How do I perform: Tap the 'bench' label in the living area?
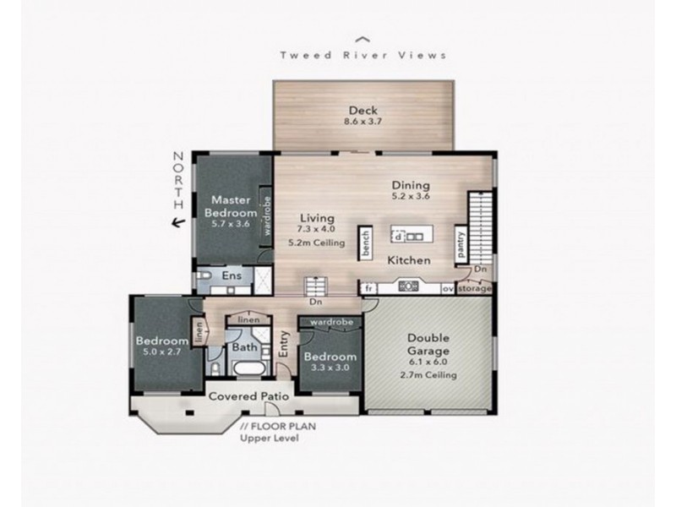(366, 241)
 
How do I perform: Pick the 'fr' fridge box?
(368, 288)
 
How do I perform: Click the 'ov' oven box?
(447, 288)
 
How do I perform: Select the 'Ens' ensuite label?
(232, 276)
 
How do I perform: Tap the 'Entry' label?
(286, 347)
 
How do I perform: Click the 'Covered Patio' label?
(249, 395)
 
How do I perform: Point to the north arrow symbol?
(177, 223)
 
